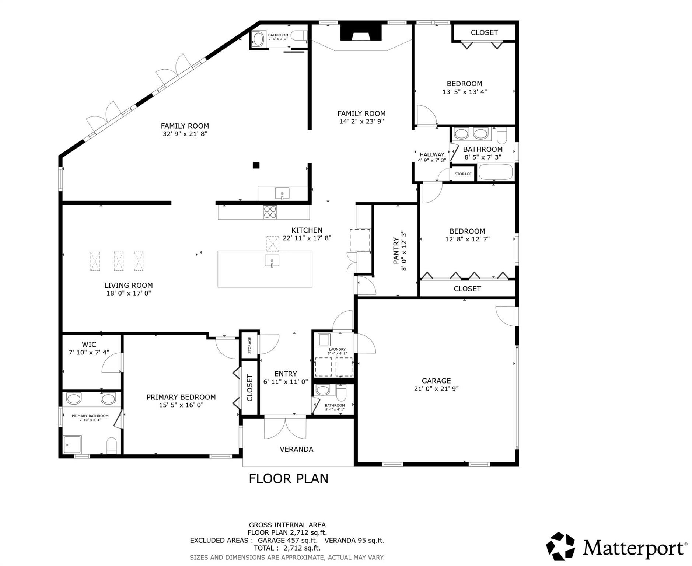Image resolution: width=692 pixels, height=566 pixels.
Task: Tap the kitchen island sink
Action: click(272, 260)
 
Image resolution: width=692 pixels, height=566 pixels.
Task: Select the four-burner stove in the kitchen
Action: click(270, 212)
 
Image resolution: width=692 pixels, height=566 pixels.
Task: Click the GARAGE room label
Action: click(436, 381)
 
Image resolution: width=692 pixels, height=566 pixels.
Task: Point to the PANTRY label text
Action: click(396, 251)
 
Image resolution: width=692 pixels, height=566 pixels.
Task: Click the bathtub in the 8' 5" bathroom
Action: click(495, 172)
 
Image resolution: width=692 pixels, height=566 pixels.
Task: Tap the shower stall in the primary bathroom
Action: click(72, 444)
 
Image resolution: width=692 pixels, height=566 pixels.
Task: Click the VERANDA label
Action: click(296, 449)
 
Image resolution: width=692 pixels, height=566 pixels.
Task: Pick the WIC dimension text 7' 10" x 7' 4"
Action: click(89, 352)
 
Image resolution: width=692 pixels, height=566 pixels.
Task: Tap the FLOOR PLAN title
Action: click(288, 478)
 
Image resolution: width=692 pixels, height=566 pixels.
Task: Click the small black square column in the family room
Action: click(256, 165)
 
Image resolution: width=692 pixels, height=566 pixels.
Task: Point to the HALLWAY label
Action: click(432, 154)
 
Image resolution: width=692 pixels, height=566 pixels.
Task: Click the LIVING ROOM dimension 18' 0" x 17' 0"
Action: click(129, 293)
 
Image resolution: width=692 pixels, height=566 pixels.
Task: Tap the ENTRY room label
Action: click(285, 374)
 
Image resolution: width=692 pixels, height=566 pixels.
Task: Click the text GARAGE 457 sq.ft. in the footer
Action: click(287, 540)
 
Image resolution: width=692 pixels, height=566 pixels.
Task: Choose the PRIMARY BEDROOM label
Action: click(181, 397)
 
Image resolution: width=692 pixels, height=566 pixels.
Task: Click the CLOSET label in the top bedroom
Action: click(484, 32)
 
